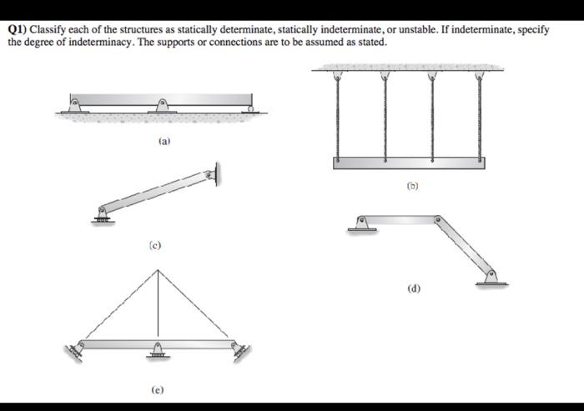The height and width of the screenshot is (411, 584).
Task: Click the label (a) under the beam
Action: pyautogui.click(x=164, y=143)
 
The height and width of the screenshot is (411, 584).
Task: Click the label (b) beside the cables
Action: pyautogui.click(x=410, y=187)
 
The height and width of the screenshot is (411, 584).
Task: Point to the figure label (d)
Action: pyautogui.click(x=414, y=288)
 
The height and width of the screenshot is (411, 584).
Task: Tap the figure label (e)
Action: pyautogui.click(x=158, y=389)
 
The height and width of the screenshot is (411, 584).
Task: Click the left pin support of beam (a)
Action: pyautogui.click(x=74, y=106)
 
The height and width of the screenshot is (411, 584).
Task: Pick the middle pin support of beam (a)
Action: pyautogui.click(x=164, y=106)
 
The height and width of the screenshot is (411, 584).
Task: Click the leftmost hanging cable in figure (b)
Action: pyautogui.click(x=337, y=117)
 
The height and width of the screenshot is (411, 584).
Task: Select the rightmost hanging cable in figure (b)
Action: pyautogui.click(x=481, y=117)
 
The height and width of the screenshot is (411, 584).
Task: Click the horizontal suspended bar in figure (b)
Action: pyautogui.click(x=409, y=163)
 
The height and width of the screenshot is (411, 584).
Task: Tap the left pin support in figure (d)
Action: pyautogui.click(x=361, y=223)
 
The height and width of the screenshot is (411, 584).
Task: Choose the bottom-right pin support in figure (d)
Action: pyautogui.click(x=491, y=277)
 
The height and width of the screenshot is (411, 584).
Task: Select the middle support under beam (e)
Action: pyautogui.click(x=158, y=351)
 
